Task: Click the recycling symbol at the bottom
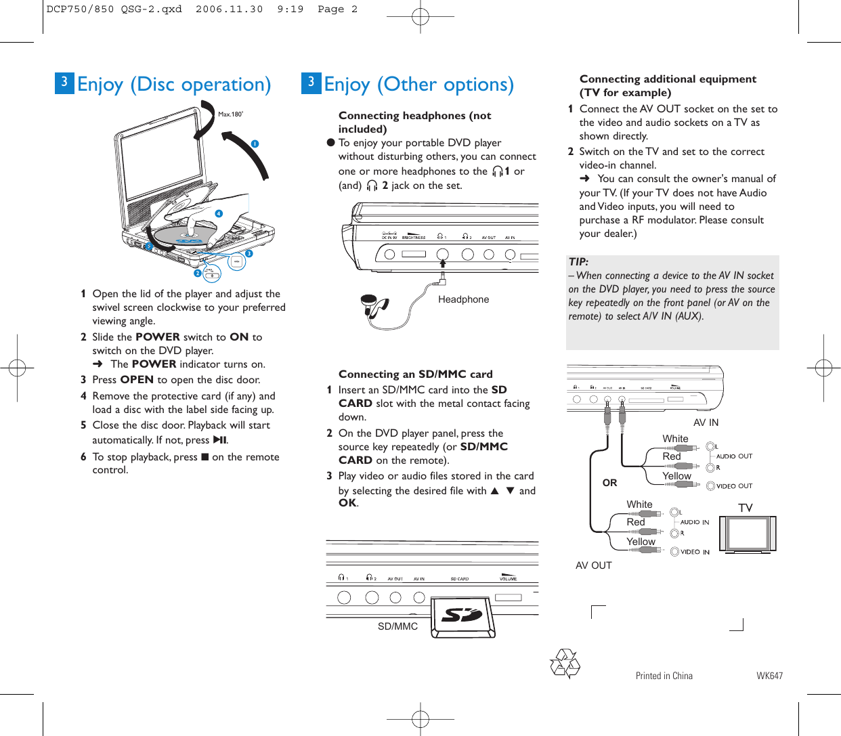565,664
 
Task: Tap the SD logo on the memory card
462,614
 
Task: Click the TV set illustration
748,534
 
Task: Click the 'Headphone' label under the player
463,299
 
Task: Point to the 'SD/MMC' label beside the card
397,626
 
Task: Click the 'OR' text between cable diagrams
609,483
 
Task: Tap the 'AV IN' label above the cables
706,423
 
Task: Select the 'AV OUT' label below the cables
593,565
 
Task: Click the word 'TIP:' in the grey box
578,262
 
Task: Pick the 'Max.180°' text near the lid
230,114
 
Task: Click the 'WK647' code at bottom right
769,676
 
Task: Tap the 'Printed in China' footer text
664,676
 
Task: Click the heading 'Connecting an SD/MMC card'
415,374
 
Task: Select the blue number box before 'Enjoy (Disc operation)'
64,83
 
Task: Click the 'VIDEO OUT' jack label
734,486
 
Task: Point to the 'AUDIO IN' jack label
694,522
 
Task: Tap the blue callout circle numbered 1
255,144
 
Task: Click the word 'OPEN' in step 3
137,380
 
